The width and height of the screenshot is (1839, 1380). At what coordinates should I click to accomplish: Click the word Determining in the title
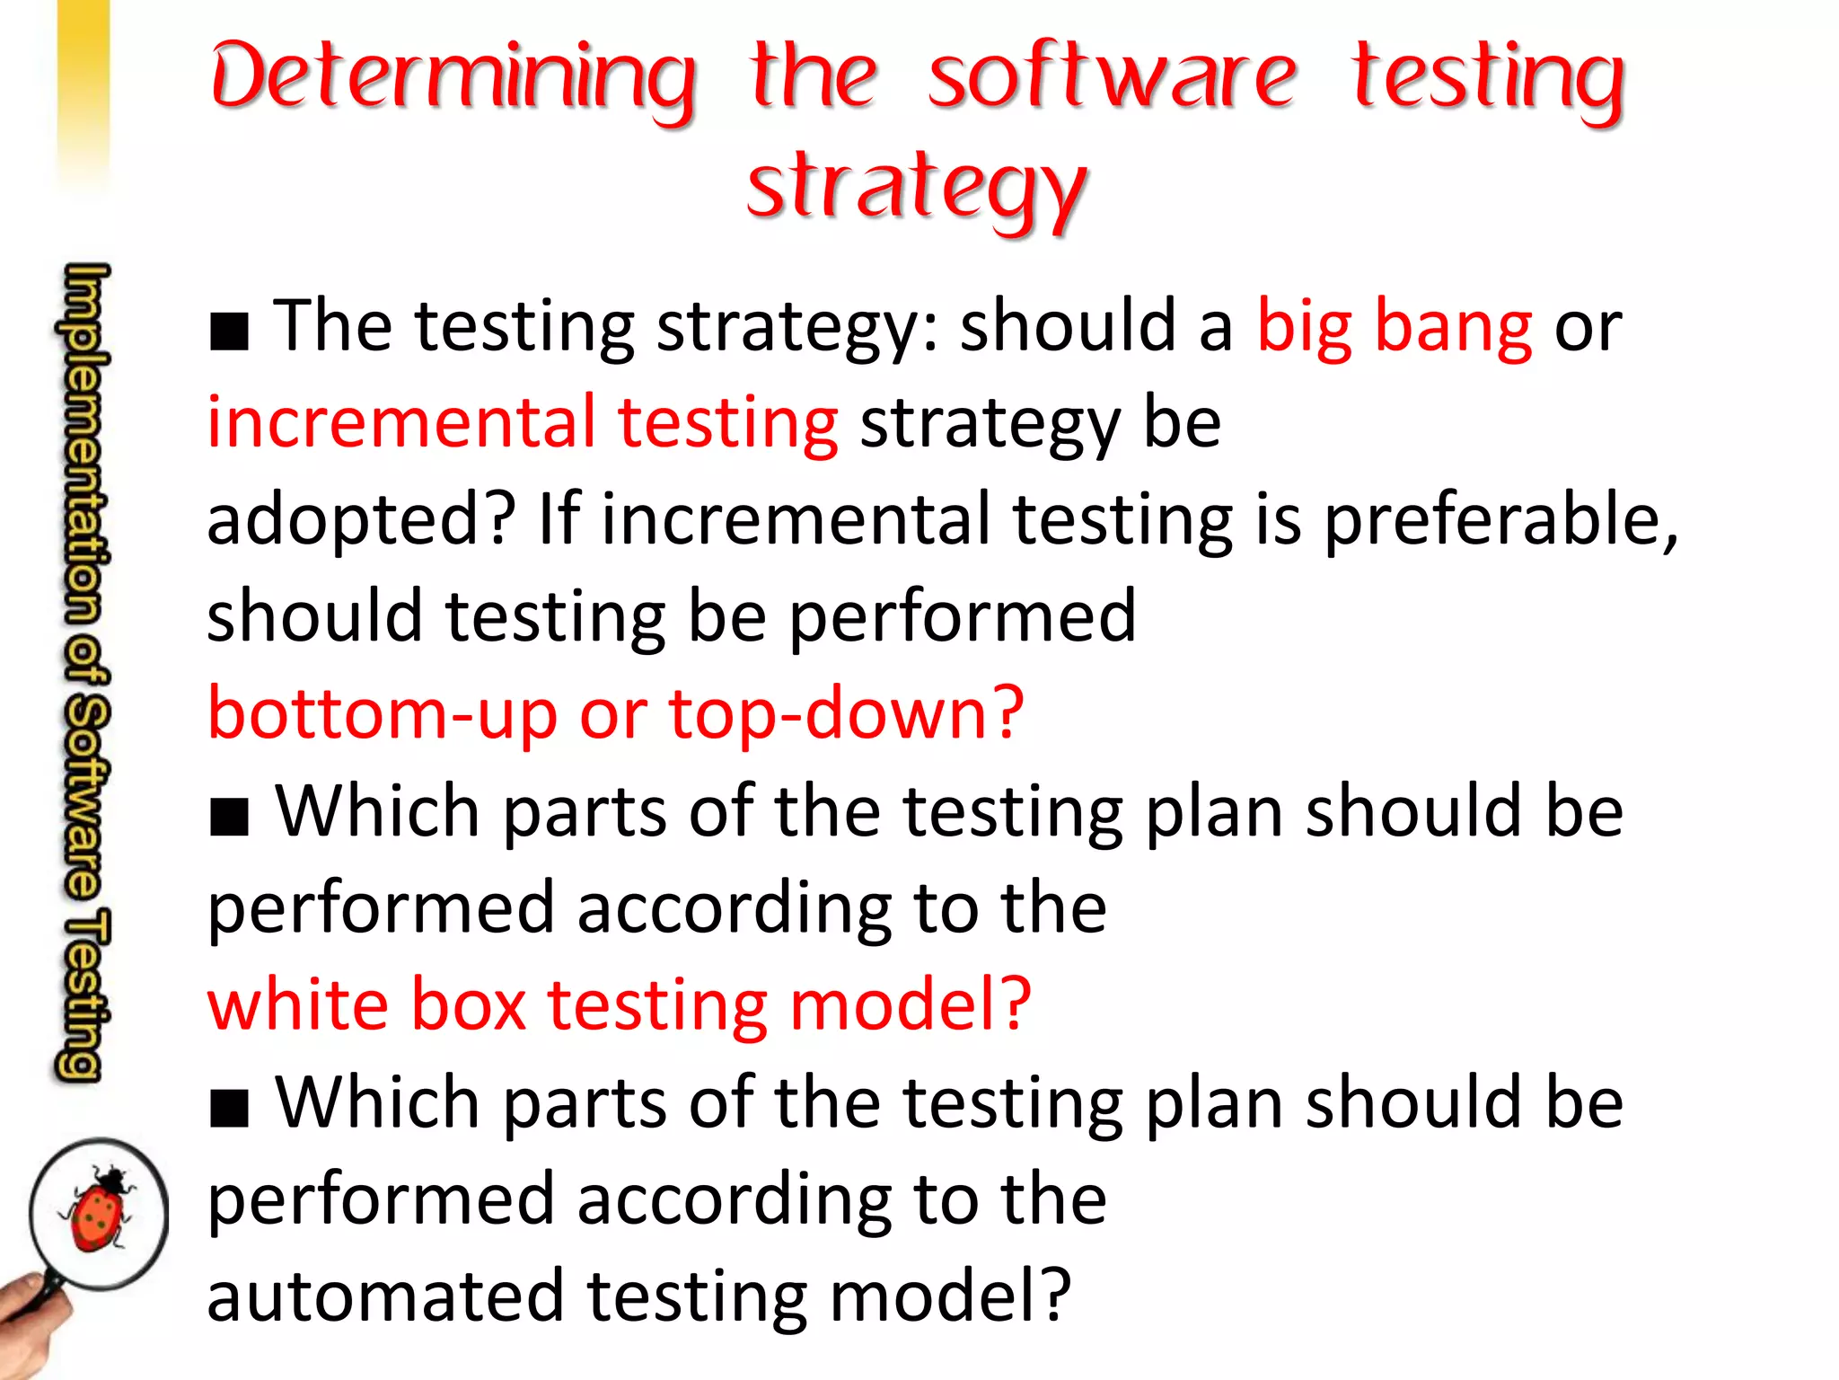pyautogui.click(x=453, y=79)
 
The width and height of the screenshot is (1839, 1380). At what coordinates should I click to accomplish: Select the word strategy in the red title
pyautogui.click(x=917, y=187)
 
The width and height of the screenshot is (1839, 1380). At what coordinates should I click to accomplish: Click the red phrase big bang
pyautogui.click(x=1394, y=327)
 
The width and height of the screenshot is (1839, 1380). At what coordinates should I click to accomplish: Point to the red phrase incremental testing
pyautogui.click(x=523, y=423)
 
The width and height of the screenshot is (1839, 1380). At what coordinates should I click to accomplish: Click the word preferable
pyautogui.click(x=1500, y=520)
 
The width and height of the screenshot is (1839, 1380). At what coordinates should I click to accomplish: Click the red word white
pyautogui.click(x=297, y=1004)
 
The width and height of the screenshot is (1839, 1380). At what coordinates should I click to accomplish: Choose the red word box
pyautogui.click(x=468, y=1004)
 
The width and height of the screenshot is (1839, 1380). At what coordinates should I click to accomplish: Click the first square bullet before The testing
pyautogui.click(x=229, y=332)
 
